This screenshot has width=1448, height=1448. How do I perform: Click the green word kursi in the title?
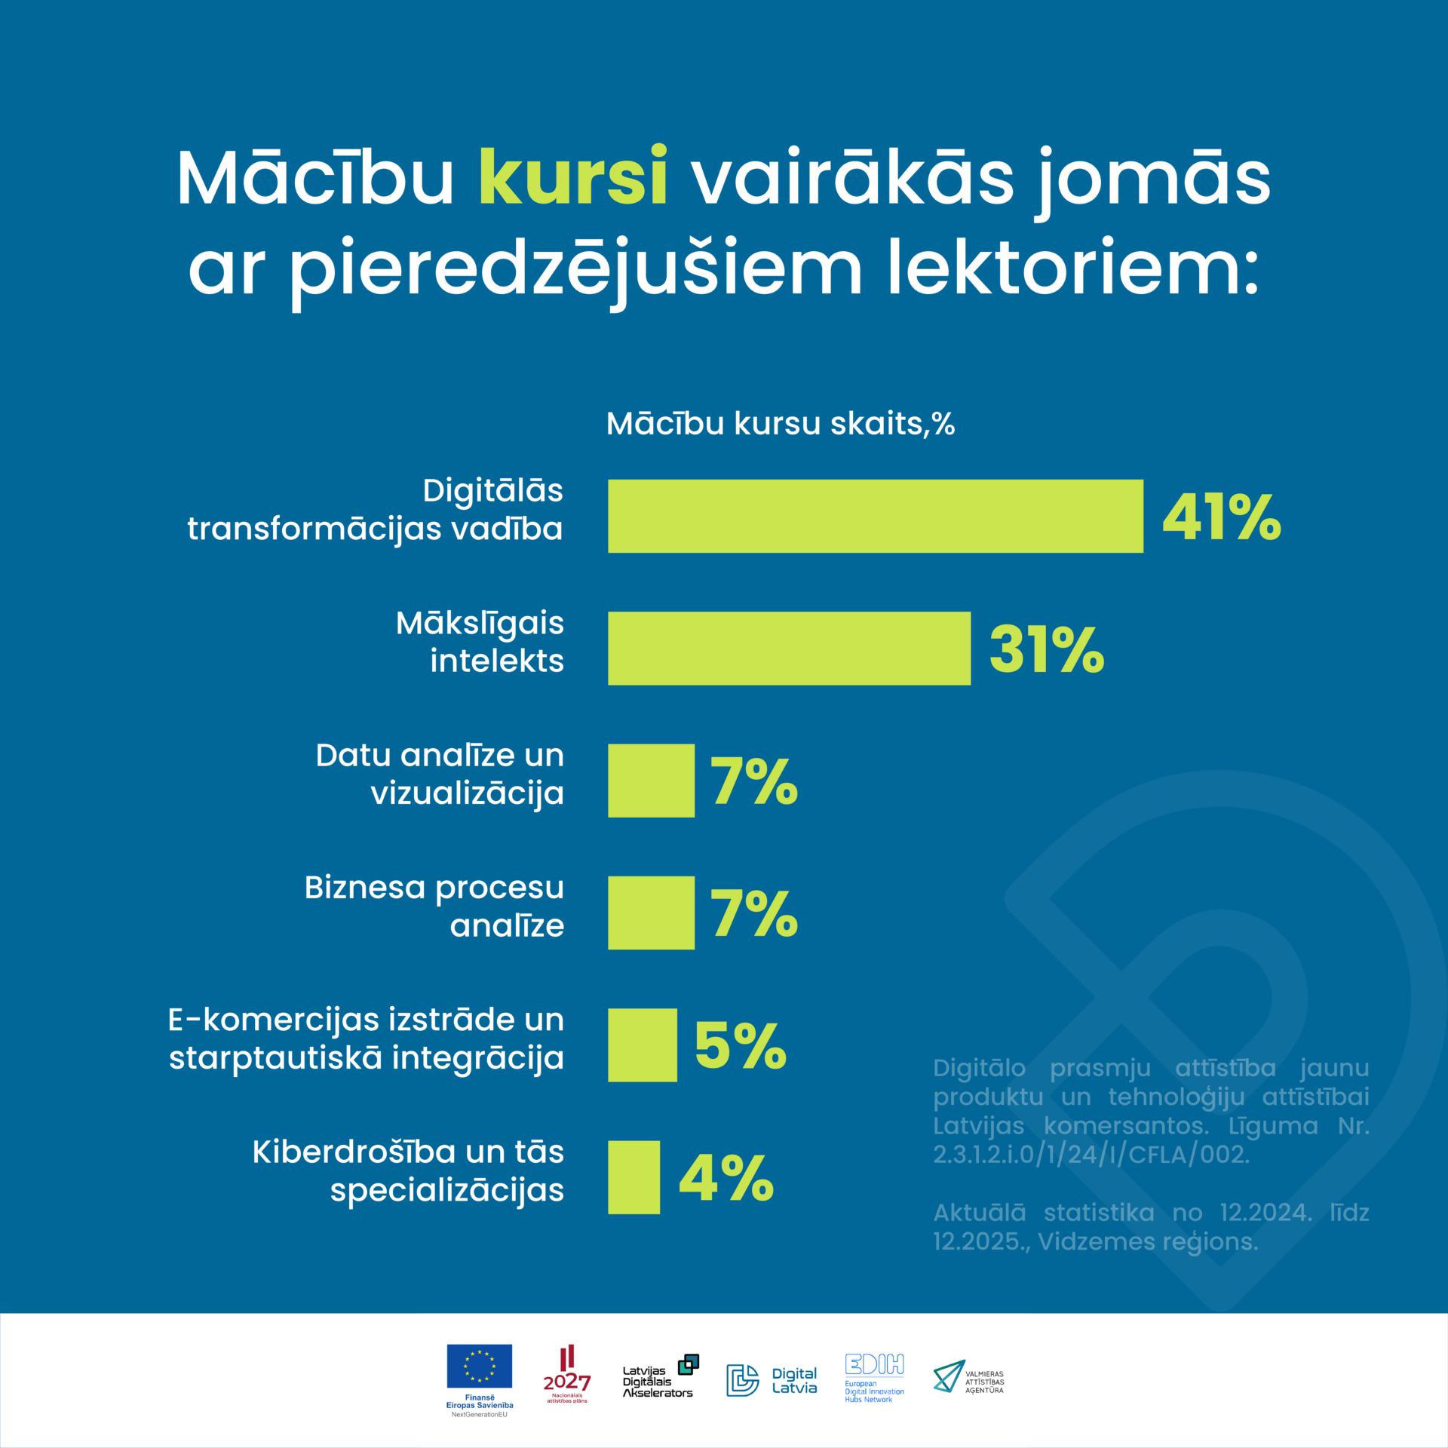coord(573,178)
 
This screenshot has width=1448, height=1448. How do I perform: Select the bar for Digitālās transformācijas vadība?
coord(875,517)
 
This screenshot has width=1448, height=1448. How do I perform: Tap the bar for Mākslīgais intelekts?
coord(789,649)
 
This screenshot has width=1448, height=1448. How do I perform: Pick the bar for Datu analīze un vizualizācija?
coord(651,781)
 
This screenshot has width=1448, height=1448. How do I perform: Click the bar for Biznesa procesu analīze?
coord(651,913)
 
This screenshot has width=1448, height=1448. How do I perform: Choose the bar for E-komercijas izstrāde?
coord(642,1045)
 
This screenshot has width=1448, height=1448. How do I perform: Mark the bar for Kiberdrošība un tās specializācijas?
coord(633,1177)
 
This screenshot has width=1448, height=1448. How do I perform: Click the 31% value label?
coord(1047,649)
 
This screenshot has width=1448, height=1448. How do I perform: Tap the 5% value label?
coord(740,1046)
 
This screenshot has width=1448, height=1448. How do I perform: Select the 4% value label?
coord(726,1178)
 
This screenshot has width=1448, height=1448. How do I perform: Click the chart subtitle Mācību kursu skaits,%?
coord(781,424)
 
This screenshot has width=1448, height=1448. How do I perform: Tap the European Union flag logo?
coord(479,1366)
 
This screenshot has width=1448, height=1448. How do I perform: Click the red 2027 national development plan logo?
coord(567,1374)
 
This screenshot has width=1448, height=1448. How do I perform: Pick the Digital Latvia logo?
coord(771,1380)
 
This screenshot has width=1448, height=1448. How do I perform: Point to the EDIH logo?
coord(874,1377)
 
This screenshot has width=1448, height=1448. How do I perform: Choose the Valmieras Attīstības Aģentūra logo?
coord(968,1377)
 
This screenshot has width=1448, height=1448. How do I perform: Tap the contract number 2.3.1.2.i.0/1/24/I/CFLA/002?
coord(1091,1155)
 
